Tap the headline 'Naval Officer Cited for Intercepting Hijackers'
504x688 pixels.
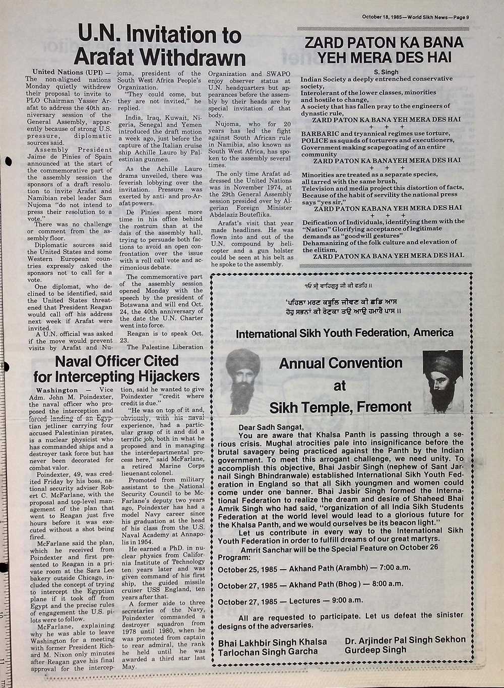(x=116, y=368)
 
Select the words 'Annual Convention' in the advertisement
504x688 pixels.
(x=341, y=363)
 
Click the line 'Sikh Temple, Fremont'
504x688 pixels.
(x=340, y=407)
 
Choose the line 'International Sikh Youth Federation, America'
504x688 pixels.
(x=344, y=333)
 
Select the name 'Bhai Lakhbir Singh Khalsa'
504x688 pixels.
(x=273, y=642)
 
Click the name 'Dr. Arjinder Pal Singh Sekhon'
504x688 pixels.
(x=405, y=640)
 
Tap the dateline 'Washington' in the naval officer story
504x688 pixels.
(x=57, y=390)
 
